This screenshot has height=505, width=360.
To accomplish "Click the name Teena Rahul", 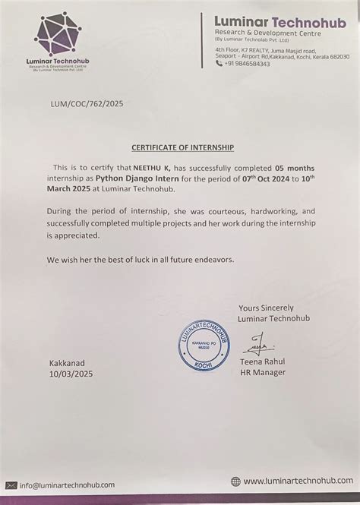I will click(x=262, y=361).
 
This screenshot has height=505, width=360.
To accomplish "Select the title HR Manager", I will click(x=262, y=372).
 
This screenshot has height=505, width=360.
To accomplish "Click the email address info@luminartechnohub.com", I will click(x=68, y=484).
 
